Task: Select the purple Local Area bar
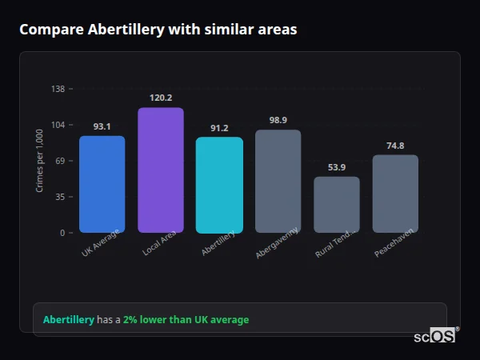tap(161, 170)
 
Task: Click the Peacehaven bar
tap(395, 194)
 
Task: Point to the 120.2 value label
tap(161, 98)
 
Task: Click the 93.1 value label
tap(102, 126)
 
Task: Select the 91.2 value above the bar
tap(219, 128)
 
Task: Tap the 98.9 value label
tap(278, 120)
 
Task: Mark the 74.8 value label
tap(395, 146)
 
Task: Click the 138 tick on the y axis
tap(58, 89)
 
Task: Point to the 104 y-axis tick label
tap(58, 125)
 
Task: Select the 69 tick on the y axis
tap(60, 161)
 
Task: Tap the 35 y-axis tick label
tap(60, 197)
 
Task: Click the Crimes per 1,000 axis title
tap(40, 160)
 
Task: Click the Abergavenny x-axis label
tap(278, 242)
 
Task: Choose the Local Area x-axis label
tap(160, 243)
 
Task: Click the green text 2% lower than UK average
tap(186, 319)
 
